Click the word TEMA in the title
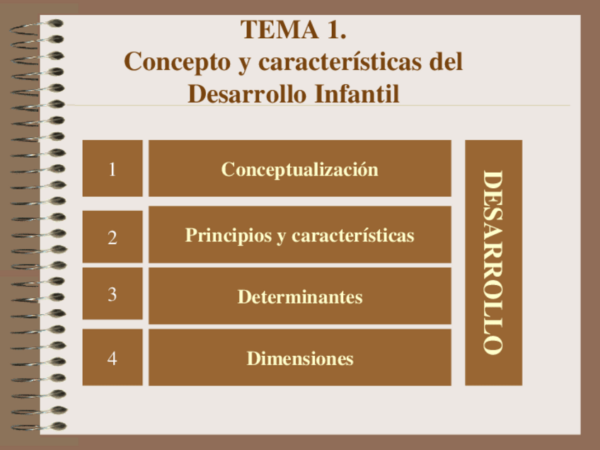coord(279,30)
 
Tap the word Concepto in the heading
coord(177,63)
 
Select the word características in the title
coord(340,62)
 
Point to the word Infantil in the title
coord(357,93)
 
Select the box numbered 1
coord(112,168)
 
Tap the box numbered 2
coord(112,236)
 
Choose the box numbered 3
coord(112,294)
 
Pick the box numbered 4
coord(112,357)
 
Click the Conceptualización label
coord(299,170)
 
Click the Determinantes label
coord(300,297)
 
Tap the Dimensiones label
coord(300,359)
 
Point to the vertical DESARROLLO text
coord(493,262)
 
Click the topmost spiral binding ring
coord(36,27)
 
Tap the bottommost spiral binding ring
coord(38,427)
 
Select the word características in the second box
coord(353,235)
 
